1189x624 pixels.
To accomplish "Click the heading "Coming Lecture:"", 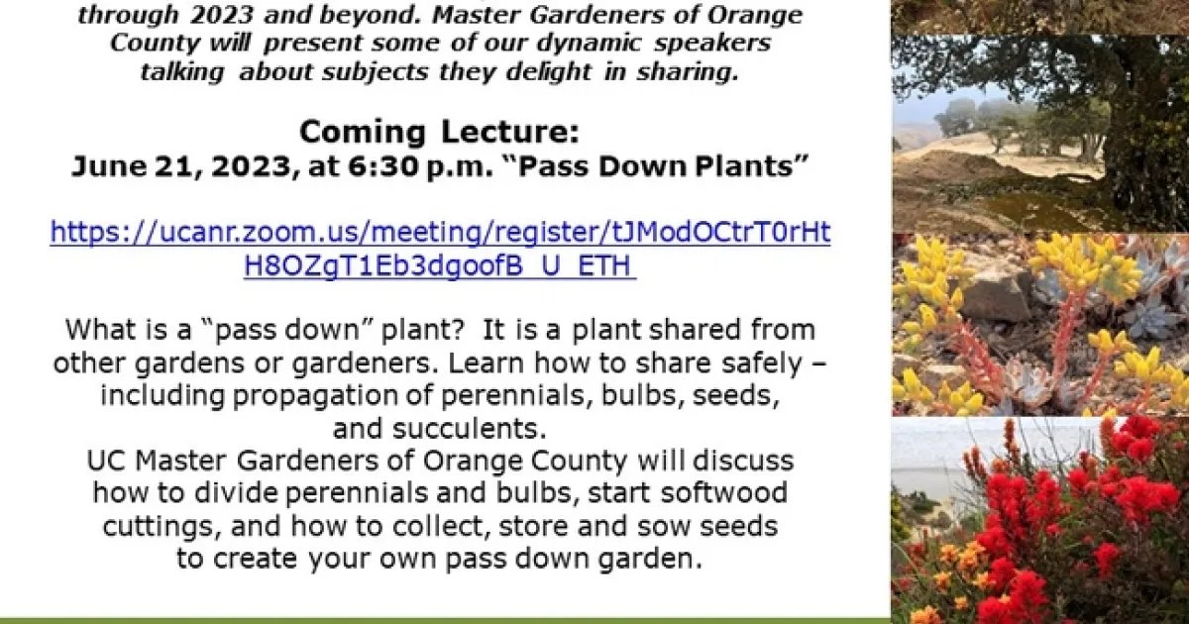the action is tap(439, 132).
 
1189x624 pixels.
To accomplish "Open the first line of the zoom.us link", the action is tap(440, 233).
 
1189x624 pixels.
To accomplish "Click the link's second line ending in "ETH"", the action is tap(440, 265).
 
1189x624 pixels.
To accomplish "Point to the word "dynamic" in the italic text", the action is tap(589, 44).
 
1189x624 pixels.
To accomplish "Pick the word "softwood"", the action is tap(724, 493).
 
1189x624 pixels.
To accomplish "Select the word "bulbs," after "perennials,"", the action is tap(639, 396).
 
